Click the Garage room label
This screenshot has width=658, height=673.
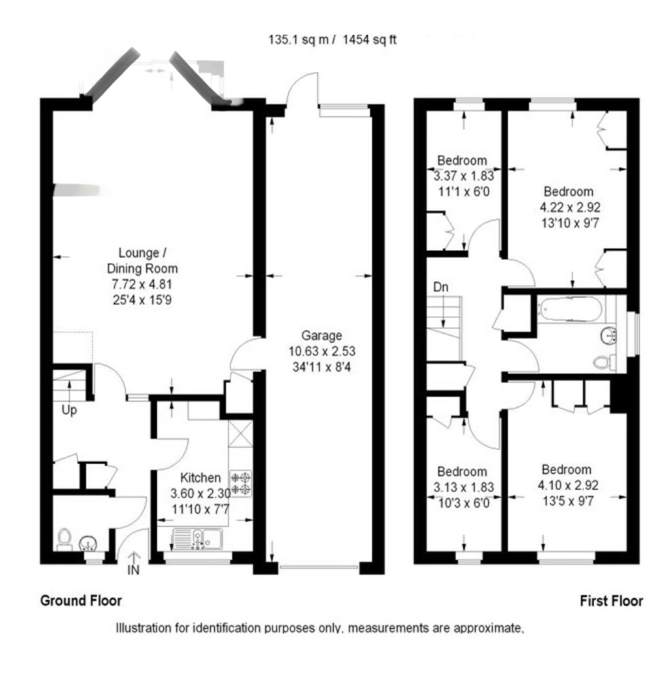[x=322, y=335]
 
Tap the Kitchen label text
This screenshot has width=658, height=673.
[x=200, y=477]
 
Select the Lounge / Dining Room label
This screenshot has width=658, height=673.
[x=142, y=261]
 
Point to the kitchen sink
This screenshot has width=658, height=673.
[x=198, y=539]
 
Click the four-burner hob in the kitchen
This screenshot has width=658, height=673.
[x=241, y=484]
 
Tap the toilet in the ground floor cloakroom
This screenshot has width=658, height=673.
[x=65, y=540]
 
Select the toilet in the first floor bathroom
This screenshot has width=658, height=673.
[x=604, y=362]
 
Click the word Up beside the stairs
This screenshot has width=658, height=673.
[x=69, y=410]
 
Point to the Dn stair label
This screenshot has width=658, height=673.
[x=440, y=286]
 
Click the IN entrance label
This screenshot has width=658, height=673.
[x=133, y=570]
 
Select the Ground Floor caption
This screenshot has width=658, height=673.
[x=81, y=600]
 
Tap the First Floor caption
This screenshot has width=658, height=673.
[x=611, y=601]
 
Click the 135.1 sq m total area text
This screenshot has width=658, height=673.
[x=298, y=40]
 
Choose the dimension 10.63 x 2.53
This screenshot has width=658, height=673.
[x=322, y=351]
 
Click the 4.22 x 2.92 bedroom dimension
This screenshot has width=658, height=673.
[x=570, y=208]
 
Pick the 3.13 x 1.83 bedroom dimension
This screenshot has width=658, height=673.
[x=464, y=487]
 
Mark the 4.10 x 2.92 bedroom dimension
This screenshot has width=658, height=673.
[x=568, y=485]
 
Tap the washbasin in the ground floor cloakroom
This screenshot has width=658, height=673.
[x=88, y=544]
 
